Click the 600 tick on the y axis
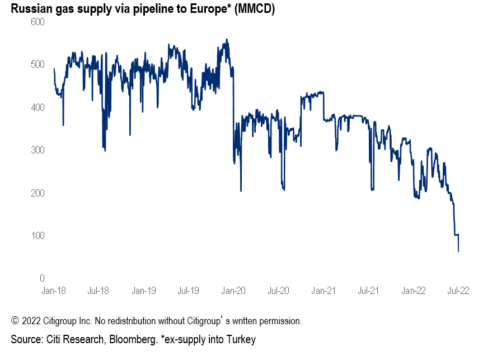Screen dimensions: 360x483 (x=37, y=22)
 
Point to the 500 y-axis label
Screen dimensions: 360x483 (x=37, y=64)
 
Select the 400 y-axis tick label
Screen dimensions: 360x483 (x=37, y=107)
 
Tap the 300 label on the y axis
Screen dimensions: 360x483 (x=37, y=150)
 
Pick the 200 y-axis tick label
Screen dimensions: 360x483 (x=37, y=193)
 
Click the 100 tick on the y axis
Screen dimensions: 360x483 (x=37, y=236)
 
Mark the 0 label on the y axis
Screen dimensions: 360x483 (x=41, y=278)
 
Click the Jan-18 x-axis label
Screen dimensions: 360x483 (x=54, y=291)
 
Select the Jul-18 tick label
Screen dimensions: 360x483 (x=98, y=291)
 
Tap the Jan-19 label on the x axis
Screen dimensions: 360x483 (x=144, y=291)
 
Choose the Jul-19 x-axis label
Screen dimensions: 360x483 (x=188, y=291)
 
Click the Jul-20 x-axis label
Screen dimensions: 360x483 (x=278, y=291)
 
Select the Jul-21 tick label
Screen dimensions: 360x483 (x=368, y=291)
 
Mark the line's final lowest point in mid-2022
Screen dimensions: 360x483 (x=458, y=251)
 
